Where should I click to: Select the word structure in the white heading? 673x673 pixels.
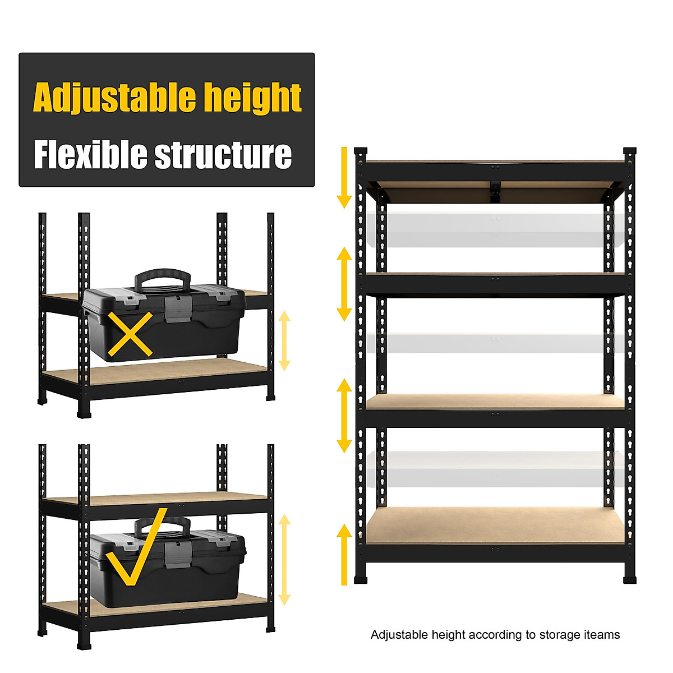point(223,155)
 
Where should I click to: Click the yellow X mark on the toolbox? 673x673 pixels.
point(130,334)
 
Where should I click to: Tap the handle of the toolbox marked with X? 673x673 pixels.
point(163,277)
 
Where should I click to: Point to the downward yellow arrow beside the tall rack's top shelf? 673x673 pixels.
point(344,177)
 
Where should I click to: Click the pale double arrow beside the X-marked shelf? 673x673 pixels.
point(284,340)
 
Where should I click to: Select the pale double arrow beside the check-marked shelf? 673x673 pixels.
point(284,560)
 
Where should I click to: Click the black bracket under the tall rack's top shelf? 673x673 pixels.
point(495,191)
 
